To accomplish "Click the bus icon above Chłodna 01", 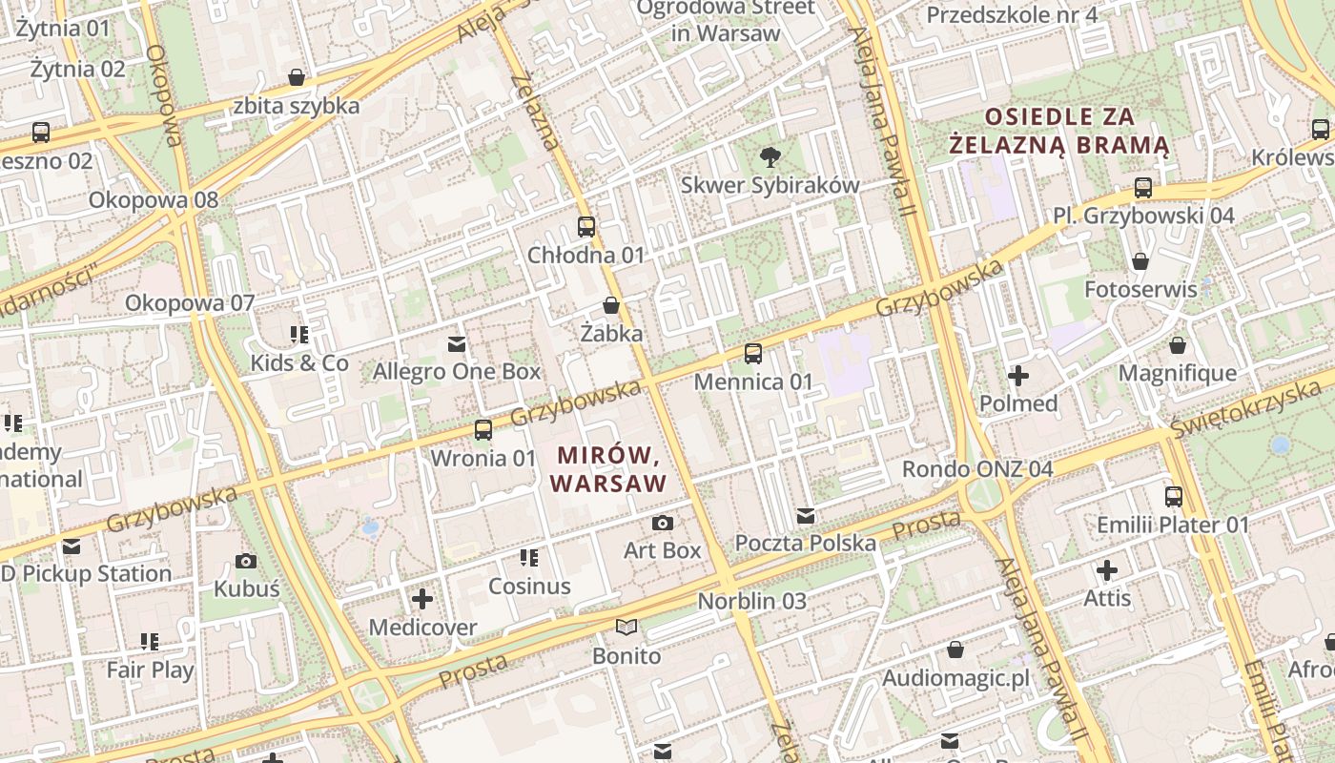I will click(586, 227).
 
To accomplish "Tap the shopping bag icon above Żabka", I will click(610, 305).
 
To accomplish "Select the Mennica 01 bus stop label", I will click(753, 382).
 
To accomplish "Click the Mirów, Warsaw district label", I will click(608, 468).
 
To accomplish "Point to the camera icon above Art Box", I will click(662, 523).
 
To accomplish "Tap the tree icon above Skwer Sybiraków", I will click(769, 156).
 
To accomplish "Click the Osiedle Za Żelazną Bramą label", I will click(1059, 131).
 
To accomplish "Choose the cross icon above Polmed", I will click(1018, 376).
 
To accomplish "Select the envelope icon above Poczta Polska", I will click(806, 516).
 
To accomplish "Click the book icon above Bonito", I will click(626, 628).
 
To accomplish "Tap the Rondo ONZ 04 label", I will click(977, 469).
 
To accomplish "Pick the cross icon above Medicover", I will click(422, 599).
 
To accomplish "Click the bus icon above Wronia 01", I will click(483, 430).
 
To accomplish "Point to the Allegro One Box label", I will click(457, 371).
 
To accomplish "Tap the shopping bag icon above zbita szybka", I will click(297, 77).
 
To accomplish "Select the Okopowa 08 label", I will click(154, 200).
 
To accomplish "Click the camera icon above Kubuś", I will click(246, 561).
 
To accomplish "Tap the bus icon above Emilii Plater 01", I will click(1173, 496).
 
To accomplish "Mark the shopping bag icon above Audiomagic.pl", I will click(955, 650).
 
